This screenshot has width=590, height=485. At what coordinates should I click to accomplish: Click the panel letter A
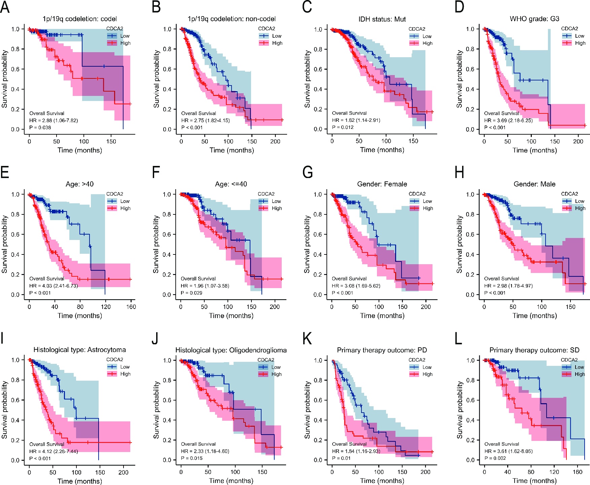(5, 7)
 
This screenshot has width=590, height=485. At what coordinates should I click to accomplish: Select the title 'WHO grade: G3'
(534, 19)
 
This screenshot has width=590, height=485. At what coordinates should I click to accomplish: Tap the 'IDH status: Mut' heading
(382, 19)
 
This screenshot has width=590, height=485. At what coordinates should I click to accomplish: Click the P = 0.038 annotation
(40, 128)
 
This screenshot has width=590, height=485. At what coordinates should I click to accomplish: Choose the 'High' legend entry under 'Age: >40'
(125, 208)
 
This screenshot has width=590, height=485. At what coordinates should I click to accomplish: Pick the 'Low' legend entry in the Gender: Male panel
(580, 201)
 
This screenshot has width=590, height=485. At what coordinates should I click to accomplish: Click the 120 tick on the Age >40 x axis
(105, 307)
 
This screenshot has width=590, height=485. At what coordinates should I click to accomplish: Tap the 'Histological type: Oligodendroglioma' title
(231, 350)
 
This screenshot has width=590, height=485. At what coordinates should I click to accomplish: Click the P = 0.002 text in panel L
(495, 458)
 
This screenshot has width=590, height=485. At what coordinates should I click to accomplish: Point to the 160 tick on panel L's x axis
(578, 472)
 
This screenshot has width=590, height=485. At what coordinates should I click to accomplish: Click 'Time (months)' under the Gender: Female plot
(382, 316)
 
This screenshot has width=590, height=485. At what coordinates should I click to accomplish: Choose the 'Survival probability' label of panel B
(156, 79)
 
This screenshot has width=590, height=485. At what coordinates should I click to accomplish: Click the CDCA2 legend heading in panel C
(417, 29)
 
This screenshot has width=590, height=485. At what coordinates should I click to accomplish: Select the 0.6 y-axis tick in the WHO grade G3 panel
(470, 69)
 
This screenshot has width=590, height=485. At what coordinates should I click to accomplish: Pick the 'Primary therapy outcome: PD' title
(382, 350)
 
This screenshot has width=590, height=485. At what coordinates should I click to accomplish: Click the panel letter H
(459, 173)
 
